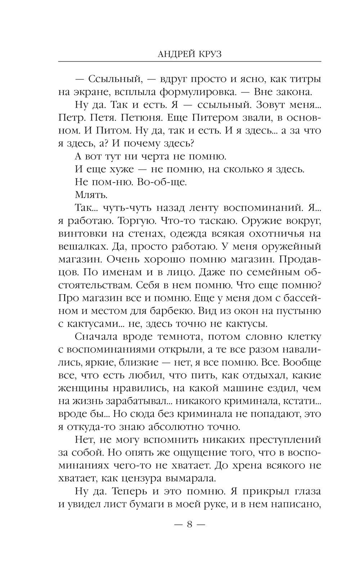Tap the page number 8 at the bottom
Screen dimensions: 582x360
point(189,524)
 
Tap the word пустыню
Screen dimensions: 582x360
point(301,310)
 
